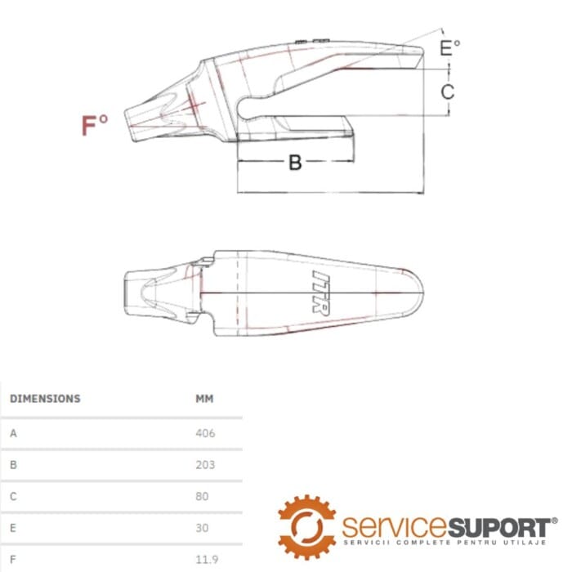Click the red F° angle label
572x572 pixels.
pyautogui.click(x=95, y=125)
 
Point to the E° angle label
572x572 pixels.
pyautogui.click(x=449, y=47)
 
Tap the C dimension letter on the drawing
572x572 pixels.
pyautogui.click(x=448, y=92)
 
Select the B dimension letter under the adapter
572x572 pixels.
pyautogui.click(x=295, y=163)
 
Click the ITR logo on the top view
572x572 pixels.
pyautogui.click(x=321, y=293)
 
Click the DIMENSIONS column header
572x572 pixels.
pyautogui.click(x=45, y=399)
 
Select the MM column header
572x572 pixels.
pyautogui.click(x=204, y=399)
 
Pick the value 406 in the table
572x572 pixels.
pyautogui.click(x=205, y=433)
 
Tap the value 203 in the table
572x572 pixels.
pyautogui.click(x=205, y=465)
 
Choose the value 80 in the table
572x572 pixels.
pyautogui.click(x=202, y=496)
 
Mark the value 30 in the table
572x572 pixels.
pyautogui.click(x=202, y=528)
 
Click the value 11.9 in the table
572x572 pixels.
pyautogui.click(x=207, y=559)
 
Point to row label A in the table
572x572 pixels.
pyautogui.click(x=14, y=433)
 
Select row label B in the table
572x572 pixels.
pyautogui.click(x=14, y=465)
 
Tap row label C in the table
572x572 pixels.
pyautogui.click(x=14, y=496)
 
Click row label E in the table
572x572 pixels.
pyautogui.click(x=13, y=528)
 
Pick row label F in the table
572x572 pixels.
pyautogui.click(x=13, y=559)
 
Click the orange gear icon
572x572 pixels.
pyautogui.click(x=306, y=527)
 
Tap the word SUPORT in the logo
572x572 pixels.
pyautogui.click(x=499, y=527)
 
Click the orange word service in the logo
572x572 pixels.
pyautogui.click(x=395, y=527)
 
